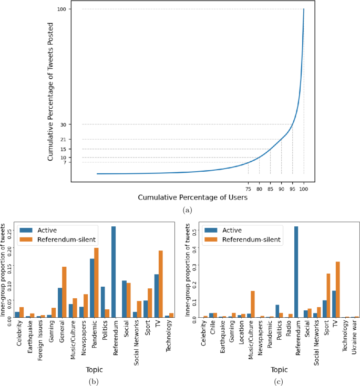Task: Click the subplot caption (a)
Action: [187, 210]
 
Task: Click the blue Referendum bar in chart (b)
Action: [114, 272]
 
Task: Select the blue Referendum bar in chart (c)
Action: [296, 272]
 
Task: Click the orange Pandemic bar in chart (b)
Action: [96, 282]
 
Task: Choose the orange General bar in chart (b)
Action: [64, 291]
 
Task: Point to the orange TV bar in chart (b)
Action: [160, 284]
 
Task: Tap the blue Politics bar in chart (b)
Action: [103, 301]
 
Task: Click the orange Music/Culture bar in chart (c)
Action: [252, 304]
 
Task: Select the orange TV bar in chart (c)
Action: [337, 289]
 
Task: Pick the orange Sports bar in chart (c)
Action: [328, 295]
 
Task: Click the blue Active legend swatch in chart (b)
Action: [27, 229]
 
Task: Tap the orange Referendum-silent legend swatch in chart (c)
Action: [213, 239]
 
